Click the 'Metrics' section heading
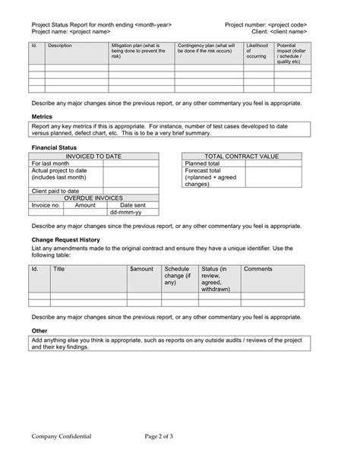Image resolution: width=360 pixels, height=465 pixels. click(x=42, y=116)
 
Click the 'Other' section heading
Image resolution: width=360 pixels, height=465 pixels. click(x=39, y=331)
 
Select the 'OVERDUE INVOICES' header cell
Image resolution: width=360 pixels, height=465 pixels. click(x=94, y=198)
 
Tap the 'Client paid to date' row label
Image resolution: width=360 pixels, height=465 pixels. click(x=55, y=191)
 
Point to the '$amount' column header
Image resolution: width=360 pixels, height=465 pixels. click(x=141, y=269)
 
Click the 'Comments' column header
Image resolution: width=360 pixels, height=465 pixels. click(x=258, y=269)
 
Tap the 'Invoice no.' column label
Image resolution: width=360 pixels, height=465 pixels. click(x=46, y=205)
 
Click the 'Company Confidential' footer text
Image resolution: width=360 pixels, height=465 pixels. click(x=62, y=437)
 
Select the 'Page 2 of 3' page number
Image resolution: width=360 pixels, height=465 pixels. click(x=165, y=437)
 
